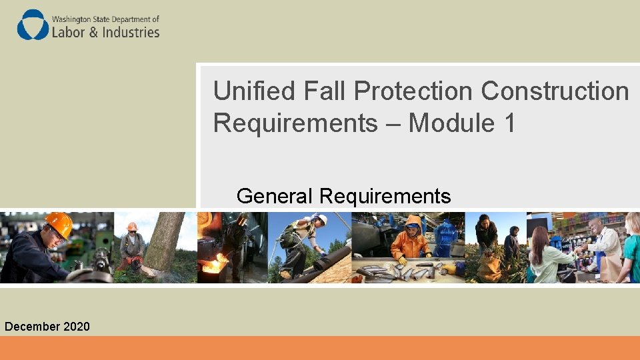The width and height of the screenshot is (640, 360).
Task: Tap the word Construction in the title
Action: [x=555, y=91]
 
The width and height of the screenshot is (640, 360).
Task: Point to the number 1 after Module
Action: [x=508, y=123]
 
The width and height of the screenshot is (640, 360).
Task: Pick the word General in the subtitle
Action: [x=275, y=196]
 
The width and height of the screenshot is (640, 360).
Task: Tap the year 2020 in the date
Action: [x=76, y=326]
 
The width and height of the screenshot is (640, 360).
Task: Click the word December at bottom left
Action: [x=32, y=326]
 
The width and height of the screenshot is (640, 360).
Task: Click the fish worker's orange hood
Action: [x=413, y=223]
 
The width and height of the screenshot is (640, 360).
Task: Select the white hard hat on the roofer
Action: [x=321, y=219]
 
